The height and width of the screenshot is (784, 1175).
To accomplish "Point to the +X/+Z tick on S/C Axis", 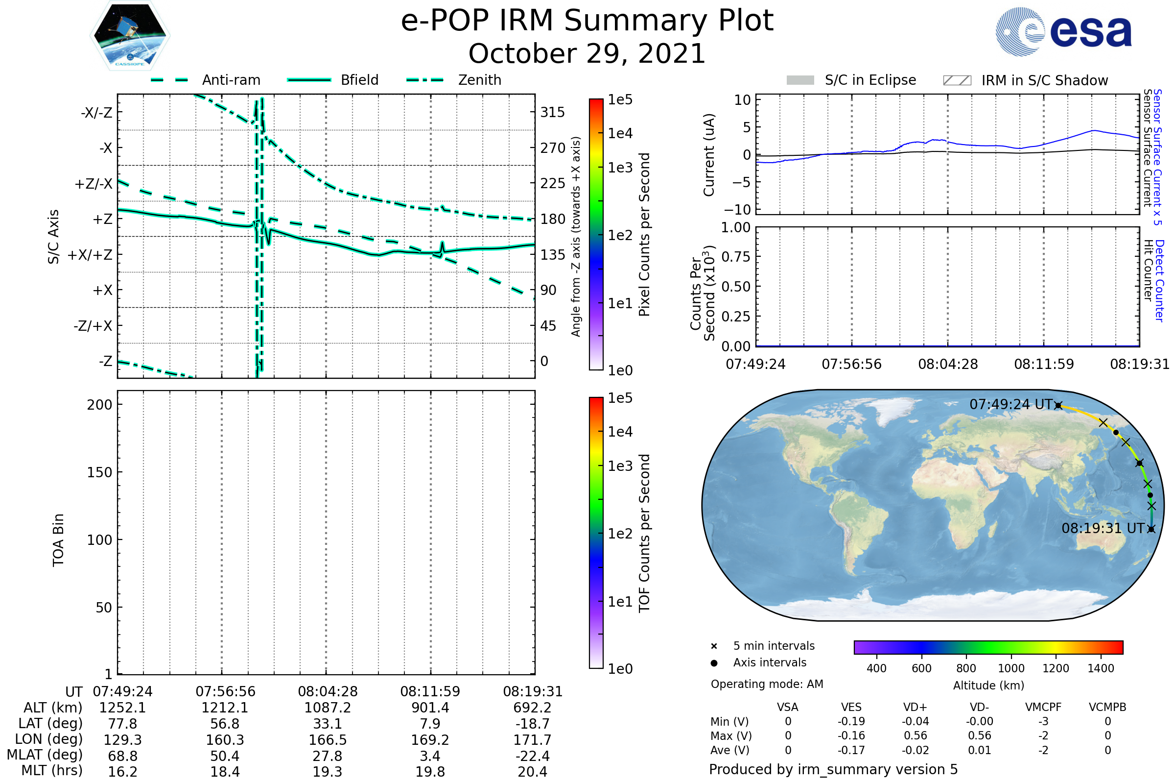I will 90,255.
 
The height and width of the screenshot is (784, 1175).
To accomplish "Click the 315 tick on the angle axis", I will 552,112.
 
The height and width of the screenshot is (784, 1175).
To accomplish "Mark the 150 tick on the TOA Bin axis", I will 99,472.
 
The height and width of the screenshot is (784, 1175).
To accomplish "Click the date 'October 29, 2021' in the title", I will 587,53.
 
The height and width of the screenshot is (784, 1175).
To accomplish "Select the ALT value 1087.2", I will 327,708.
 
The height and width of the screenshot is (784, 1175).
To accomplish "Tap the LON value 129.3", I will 122,740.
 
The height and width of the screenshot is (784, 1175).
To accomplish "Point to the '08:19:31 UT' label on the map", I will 1103,529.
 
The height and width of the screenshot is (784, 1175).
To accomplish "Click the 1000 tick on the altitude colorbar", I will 1010,668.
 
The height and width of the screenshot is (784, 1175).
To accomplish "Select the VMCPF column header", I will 1043,708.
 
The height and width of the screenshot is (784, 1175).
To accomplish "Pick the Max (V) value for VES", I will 851,736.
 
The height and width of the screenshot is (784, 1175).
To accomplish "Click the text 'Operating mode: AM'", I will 766,684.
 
